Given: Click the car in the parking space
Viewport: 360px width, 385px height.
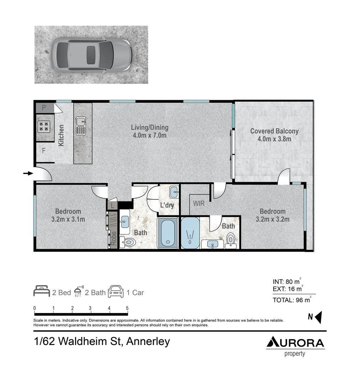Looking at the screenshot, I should pos(92,55).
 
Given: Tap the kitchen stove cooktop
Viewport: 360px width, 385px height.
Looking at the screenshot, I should pos(43,125).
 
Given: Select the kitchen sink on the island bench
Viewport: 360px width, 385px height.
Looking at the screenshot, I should pos(80,126).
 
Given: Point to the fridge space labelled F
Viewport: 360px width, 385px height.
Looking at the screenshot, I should pos(44,150).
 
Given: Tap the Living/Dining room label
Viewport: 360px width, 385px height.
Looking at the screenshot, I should pos(150,131).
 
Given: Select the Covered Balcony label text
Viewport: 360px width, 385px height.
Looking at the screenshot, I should pos(274,134).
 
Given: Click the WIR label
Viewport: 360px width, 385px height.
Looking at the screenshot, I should pos(199,204).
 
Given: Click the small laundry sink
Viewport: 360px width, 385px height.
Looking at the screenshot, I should pos(174,192).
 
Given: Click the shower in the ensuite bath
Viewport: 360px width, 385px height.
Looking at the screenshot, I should pos(190,233).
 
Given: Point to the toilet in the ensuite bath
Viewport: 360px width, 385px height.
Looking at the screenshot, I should pos(231,240).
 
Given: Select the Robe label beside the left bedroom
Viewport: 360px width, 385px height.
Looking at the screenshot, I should pos(114,238).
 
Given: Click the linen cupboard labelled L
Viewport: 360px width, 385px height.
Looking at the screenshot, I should pos(113,205).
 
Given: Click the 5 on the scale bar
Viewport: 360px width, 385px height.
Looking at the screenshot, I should pos(127,308).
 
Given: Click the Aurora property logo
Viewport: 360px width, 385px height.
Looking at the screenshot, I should pos(295,345).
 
